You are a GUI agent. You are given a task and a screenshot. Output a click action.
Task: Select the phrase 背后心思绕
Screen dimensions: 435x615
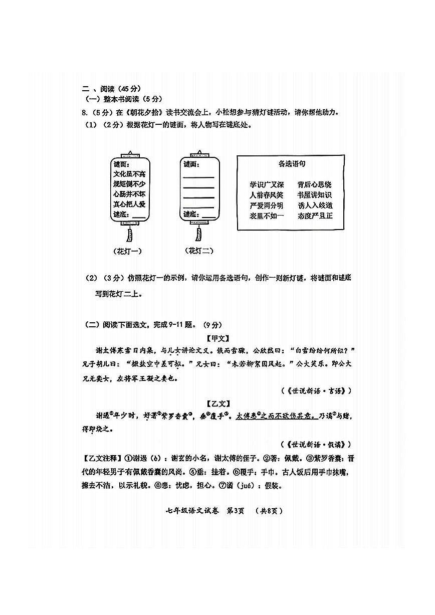coord(314,185)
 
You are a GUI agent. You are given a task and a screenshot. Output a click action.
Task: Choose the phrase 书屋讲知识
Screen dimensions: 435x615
coord(314,195)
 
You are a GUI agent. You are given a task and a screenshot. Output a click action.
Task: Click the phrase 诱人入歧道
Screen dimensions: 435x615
coord(314,206)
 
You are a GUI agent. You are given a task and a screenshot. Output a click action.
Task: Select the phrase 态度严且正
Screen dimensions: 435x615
coord(314,216)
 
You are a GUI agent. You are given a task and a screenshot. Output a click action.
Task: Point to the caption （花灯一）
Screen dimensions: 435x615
coord(129,251)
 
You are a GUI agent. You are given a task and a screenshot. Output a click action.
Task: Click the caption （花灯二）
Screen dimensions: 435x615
coord(199,251)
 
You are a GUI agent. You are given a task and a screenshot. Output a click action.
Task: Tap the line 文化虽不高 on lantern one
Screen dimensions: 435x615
coord(129,174)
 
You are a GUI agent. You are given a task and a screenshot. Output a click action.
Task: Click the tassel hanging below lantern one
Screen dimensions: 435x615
coord(130,235)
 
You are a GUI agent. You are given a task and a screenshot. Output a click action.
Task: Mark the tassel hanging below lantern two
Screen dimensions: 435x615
coord(199,234)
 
